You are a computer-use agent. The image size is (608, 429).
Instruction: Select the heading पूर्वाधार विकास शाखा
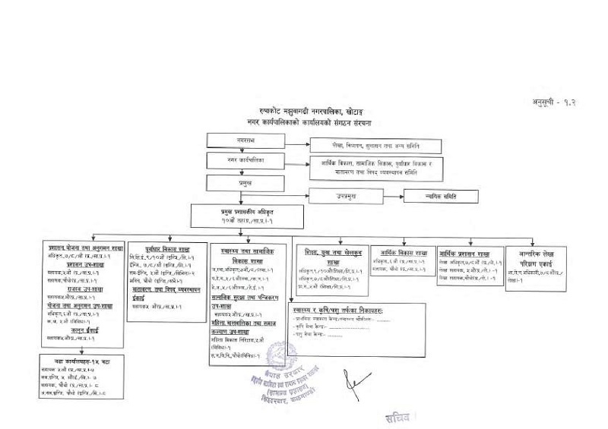click(168, 248)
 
